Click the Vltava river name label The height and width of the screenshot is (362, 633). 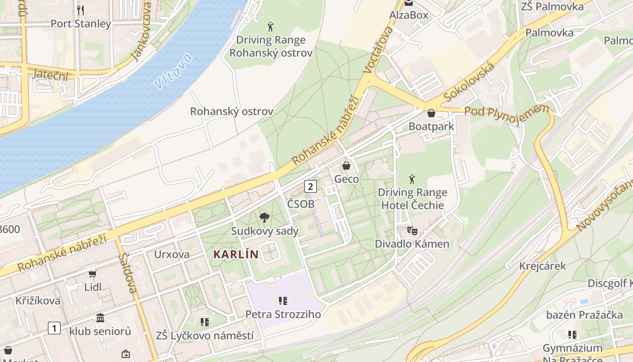click(x=173, y=71)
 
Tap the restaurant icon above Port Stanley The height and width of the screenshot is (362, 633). click(x=80, y=10)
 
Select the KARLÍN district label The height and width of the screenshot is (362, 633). click(x=236, y=254)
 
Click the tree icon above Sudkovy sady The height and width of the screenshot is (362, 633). click(x=265, y=218)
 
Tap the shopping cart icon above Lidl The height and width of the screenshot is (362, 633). click(x=93, y=274)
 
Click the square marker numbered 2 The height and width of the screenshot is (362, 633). click(x=310, y=186)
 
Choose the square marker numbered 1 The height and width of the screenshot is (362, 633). click(x=54, y=328)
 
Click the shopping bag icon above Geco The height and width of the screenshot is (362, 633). click(x=346, y=166)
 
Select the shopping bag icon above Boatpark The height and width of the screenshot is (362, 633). click(x=431, y=113)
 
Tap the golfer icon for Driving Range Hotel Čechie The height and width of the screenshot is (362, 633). click(x=412, y=179)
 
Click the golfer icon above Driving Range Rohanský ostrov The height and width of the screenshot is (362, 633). click(x=270, y=27)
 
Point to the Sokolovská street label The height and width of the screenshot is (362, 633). click(x=469, y=82)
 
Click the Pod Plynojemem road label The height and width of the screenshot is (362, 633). click(x=506, y=110)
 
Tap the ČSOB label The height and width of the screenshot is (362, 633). click(x=301, y=204)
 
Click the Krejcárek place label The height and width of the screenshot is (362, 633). click(x=536, y=266)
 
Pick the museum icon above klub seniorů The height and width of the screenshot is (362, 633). click(x=100, y=318)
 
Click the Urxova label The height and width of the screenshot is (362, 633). click(x=172, y=254)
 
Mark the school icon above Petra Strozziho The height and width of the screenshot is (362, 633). click(x=283, y=301)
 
